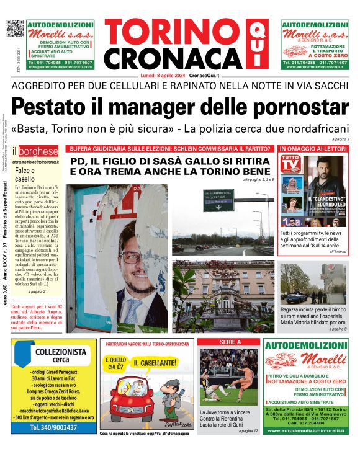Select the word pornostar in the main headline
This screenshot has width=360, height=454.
(x=302, y=107)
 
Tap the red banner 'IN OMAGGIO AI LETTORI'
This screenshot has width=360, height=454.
(x=313, y=149)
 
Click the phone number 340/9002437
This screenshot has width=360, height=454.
(x=53, y=428)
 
